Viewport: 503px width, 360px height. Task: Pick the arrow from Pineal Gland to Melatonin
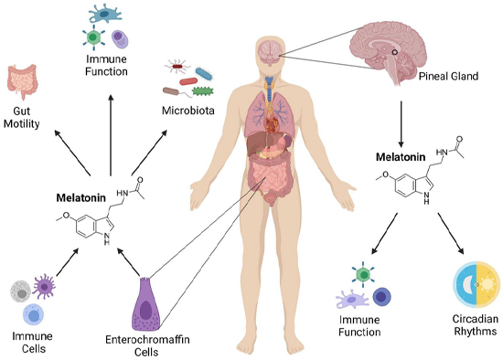pyautogui.click(x=402, y=117)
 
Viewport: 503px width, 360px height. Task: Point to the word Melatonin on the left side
pyautogui.click(x=80, y=197)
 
